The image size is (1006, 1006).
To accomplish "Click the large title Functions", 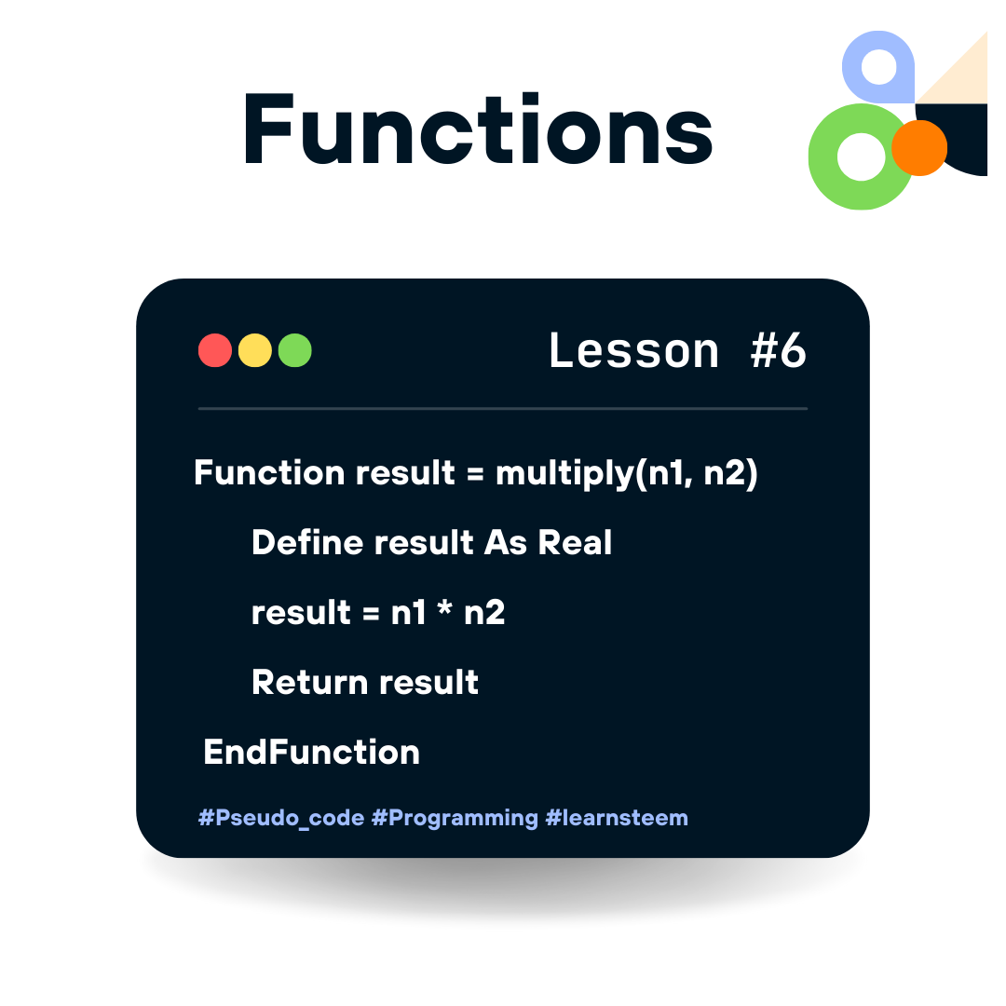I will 477,130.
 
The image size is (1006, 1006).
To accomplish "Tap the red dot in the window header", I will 215,351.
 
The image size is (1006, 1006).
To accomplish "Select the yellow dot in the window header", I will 255,351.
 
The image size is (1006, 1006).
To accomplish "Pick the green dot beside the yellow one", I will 295,351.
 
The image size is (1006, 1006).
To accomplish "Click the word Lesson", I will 634,351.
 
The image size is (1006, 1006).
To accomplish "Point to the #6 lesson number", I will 778,351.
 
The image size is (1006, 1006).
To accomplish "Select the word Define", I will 307,543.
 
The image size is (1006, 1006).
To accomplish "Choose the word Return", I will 307,683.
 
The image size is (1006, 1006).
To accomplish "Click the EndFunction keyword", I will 311,752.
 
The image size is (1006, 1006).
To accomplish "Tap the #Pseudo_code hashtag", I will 280,819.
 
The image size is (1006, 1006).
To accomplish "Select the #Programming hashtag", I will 455,819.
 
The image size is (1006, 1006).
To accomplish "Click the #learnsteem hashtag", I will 617,819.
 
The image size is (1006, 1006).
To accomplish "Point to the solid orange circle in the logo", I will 919,148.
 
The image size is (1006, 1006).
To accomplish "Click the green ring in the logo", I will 838,182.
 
